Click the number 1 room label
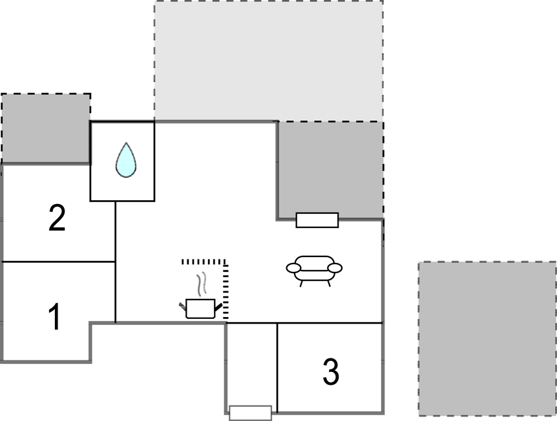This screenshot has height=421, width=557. [x=55, y=316]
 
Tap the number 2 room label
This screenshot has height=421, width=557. [x=57, y=218]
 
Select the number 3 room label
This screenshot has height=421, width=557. [x=331, y=371]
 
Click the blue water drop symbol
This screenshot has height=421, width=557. [x=126, y=159]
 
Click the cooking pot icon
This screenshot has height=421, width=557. [x=200, y=309]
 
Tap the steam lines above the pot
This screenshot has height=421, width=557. [x=202, y=284]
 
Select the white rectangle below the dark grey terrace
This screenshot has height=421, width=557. [x=317, y=220]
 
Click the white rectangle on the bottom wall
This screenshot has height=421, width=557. [x=251, y=413]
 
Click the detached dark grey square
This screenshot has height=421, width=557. [x=487, y=338]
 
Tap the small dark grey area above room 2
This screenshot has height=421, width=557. [x=45, y=128]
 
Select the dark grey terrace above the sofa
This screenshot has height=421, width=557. [x=330, y=170]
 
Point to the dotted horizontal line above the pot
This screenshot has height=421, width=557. [x=203, y=262]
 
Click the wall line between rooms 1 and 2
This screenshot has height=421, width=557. [x=59, y=262]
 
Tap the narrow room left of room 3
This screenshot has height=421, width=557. [x=251, y=365]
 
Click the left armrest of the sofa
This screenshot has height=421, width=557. [x=293, y=268]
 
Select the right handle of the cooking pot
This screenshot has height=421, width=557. [x=218, y=307]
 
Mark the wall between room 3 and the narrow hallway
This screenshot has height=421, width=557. [x=277, y=368]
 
